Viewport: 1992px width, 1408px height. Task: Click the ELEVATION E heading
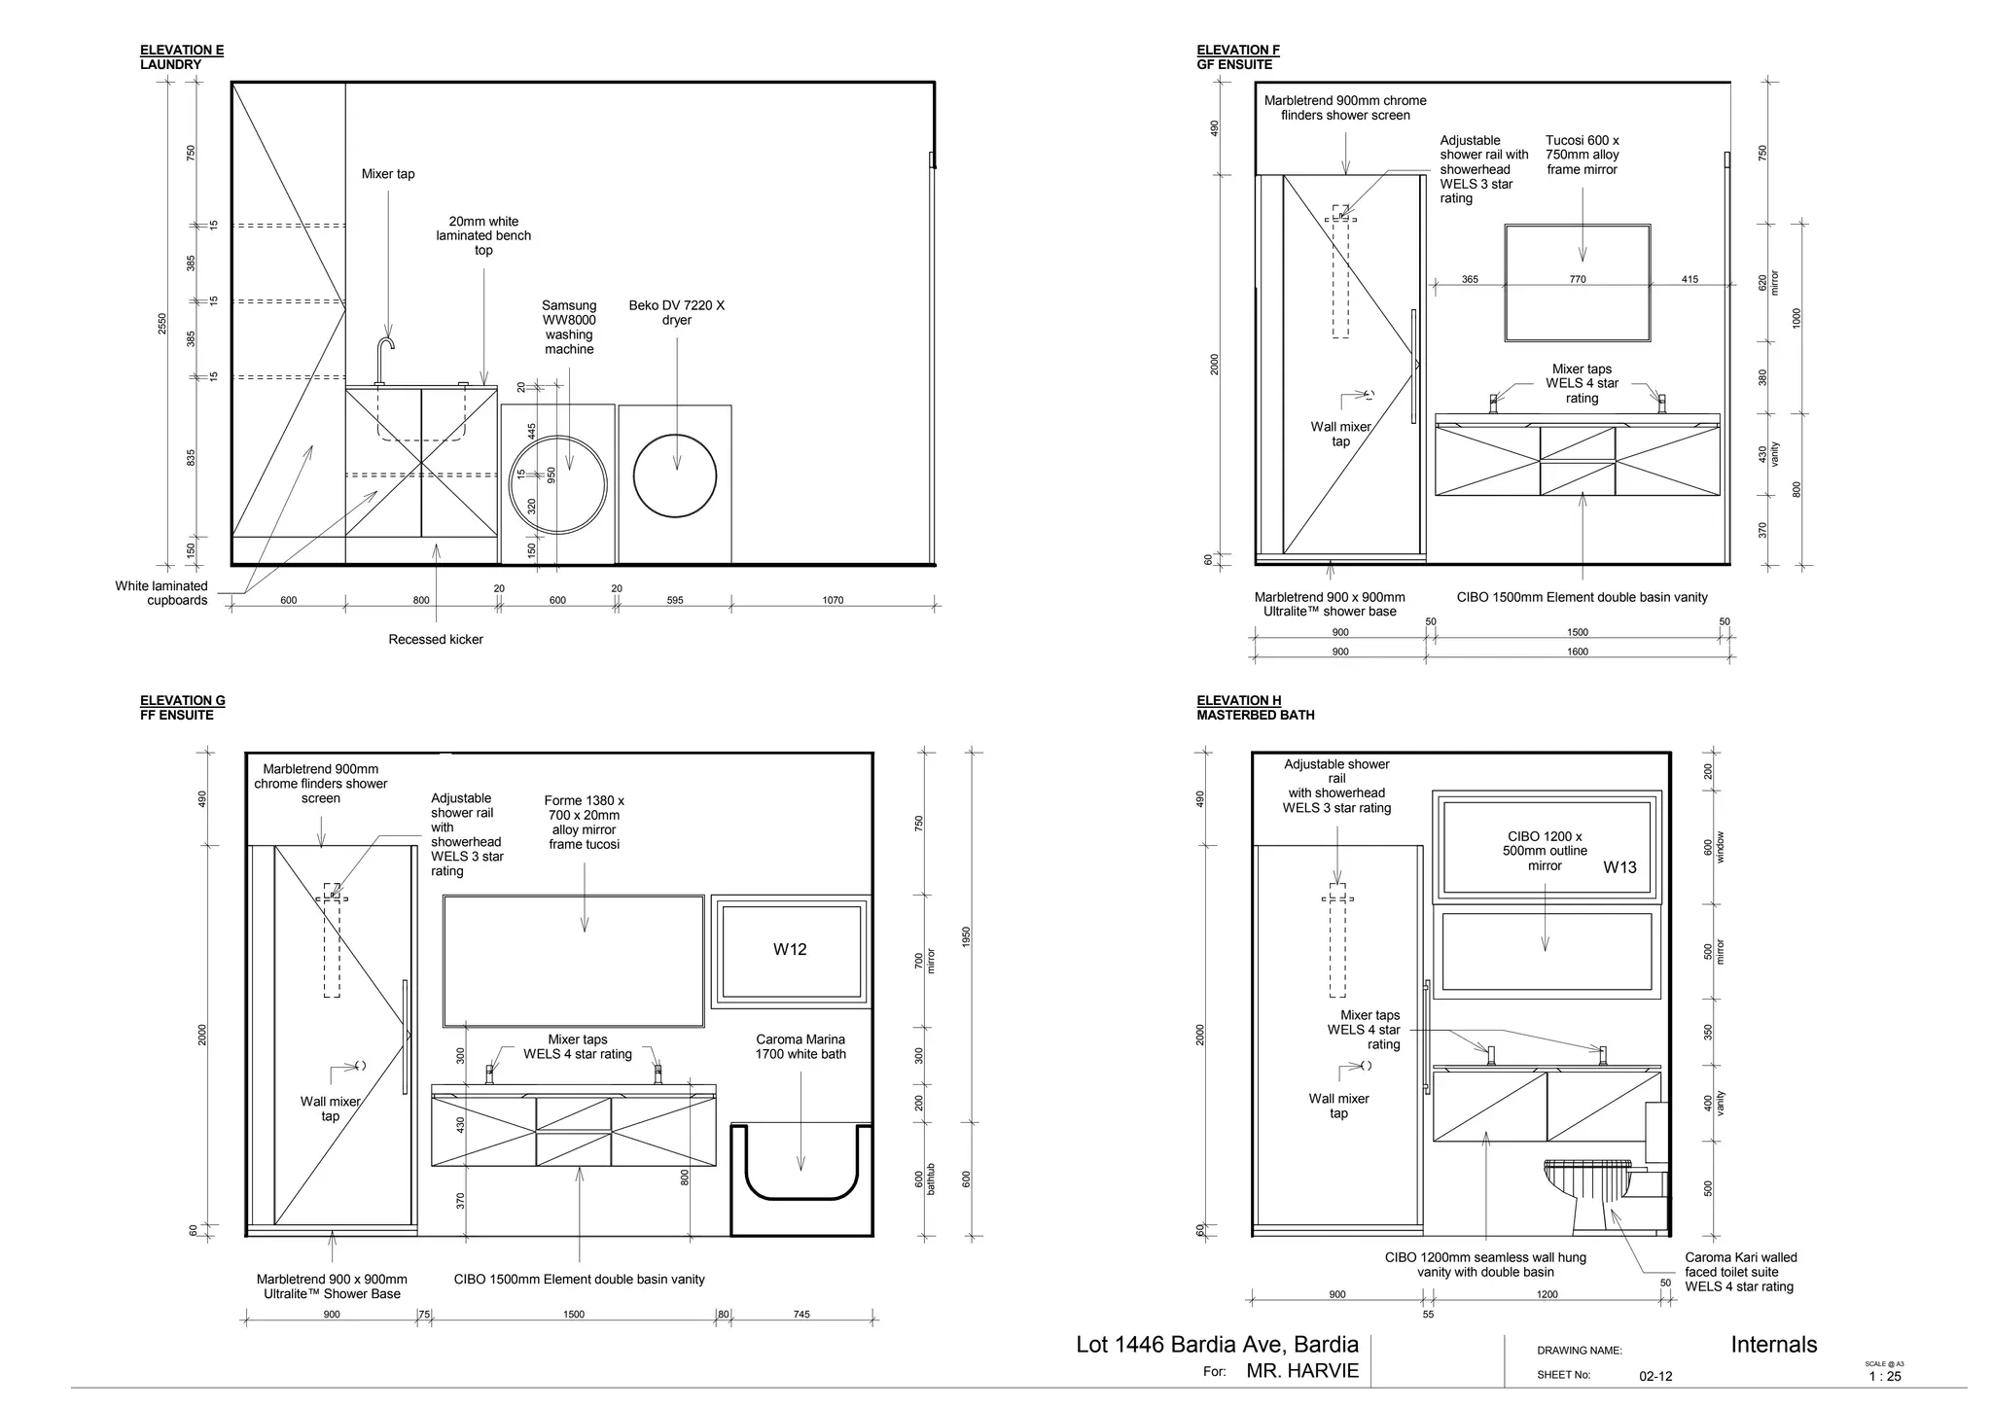point(182,50)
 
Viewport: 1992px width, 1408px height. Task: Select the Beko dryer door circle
point(675,476)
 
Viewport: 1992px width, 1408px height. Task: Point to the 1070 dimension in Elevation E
point(833,600)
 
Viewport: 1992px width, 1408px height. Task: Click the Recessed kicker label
point(436,639)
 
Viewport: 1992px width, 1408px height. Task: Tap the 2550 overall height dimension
point(162,324)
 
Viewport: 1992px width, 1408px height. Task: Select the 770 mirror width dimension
point(1578,279)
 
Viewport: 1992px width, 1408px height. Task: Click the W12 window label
point(790,949)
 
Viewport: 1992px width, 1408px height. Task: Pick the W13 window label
point(1619,867)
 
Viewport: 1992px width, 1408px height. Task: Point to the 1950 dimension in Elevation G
point(966,937)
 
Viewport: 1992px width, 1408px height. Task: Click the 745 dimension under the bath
point(800,1315)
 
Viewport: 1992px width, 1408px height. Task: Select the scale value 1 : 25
point(1885,1376)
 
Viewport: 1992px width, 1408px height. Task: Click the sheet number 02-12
point(1655,1376)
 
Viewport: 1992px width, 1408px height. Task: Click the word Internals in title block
point(1773,1345)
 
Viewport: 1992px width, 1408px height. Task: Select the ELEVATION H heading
point(1238,700)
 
